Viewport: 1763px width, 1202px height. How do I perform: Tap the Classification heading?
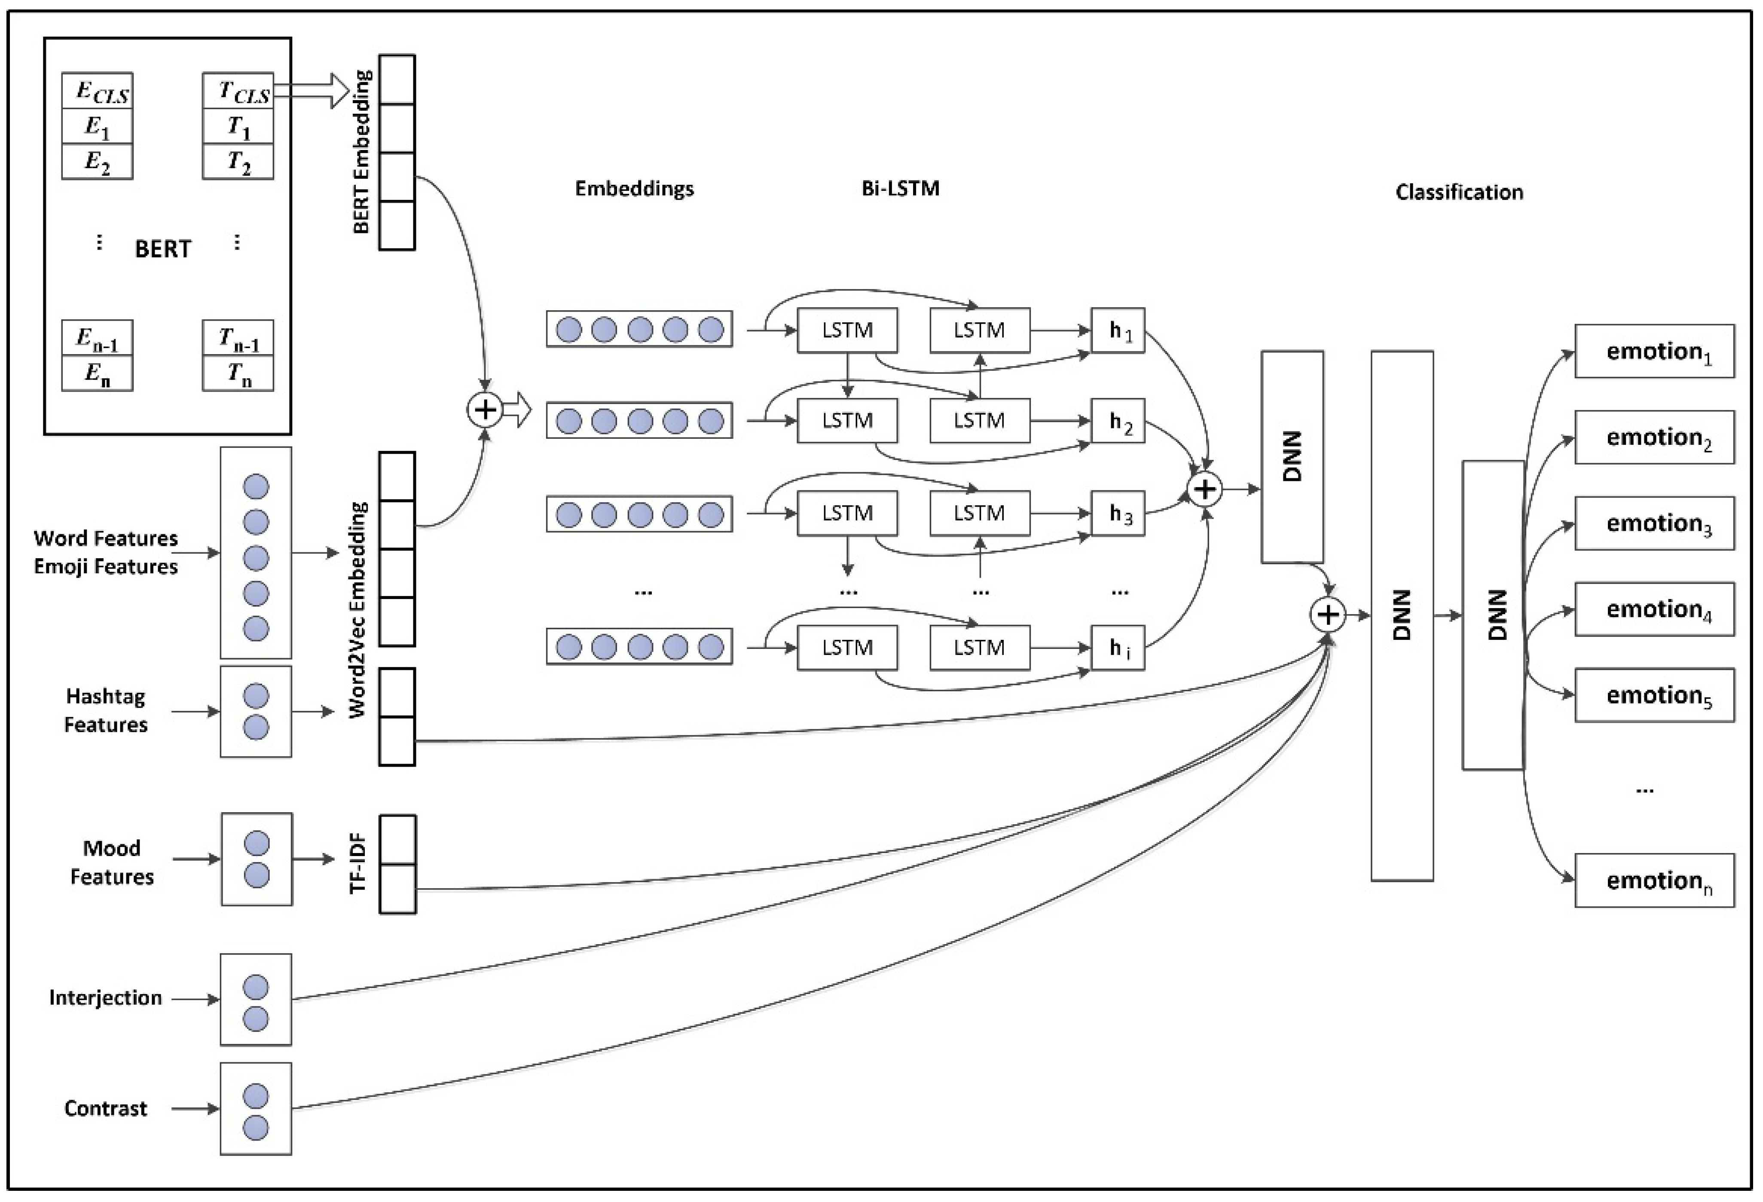point(1459,192)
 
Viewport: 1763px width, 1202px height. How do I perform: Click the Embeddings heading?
point(634,188)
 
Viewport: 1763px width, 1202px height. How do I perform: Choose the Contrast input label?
point(105,1109)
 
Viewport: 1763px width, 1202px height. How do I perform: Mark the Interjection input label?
point(105,997)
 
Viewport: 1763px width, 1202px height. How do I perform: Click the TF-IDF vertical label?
point(358,863)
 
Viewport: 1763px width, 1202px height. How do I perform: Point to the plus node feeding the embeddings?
point(485,410)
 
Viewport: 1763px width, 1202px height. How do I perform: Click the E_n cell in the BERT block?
point(97,373)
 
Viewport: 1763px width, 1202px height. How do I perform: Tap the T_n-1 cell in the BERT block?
point(238,339)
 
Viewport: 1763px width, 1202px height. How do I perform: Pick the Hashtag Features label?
point(105,710)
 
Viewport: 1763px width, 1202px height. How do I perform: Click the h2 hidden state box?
point(1118,421)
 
